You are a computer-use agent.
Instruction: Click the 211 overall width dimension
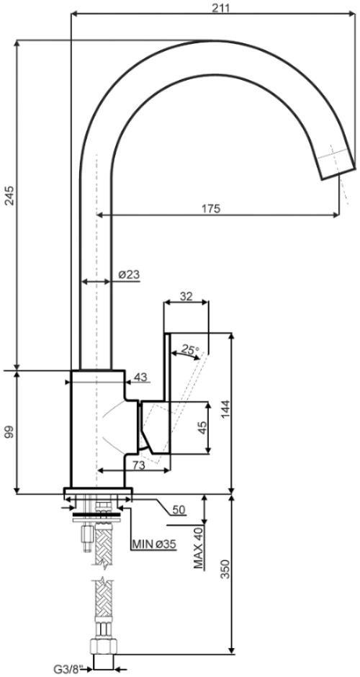(220, 7)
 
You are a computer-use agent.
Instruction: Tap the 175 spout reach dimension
(211, 208)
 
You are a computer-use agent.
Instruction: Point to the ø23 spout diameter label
(128, 274)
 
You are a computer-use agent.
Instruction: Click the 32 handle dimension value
(186, 296)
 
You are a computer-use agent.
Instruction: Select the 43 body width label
(140, 377)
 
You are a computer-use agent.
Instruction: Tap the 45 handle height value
(202, 428)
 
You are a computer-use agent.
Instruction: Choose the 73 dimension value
(138, 465)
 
